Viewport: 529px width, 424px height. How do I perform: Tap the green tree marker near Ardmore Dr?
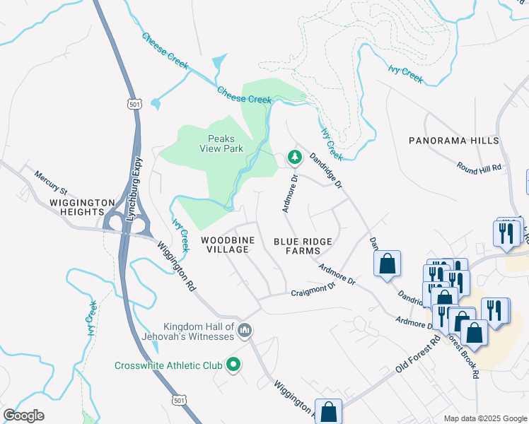coord(294,158)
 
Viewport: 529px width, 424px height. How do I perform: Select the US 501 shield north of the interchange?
coord(135,104)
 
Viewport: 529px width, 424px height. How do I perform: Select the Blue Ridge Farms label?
coord(303,246)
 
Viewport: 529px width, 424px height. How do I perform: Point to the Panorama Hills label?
coord(453,141)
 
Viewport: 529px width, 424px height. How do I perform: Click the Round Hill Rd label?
coord(479,167)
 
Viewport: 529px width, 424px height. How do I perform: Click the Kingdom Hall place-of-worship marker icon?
coord(245,330)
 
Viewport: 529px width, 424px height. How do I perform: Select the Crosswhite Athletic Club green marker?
coord(233,365)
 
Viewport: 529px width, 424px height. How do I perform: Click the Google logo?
coord(23,416)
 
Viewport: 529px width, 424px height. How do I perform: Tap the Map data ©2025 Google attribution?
coord(484,418)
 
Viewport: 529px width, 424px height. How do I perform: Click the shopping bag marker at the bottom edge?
coord(329,411)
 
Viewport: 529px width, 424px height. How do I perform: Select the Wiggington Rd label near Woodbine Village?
coord(177,266)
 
